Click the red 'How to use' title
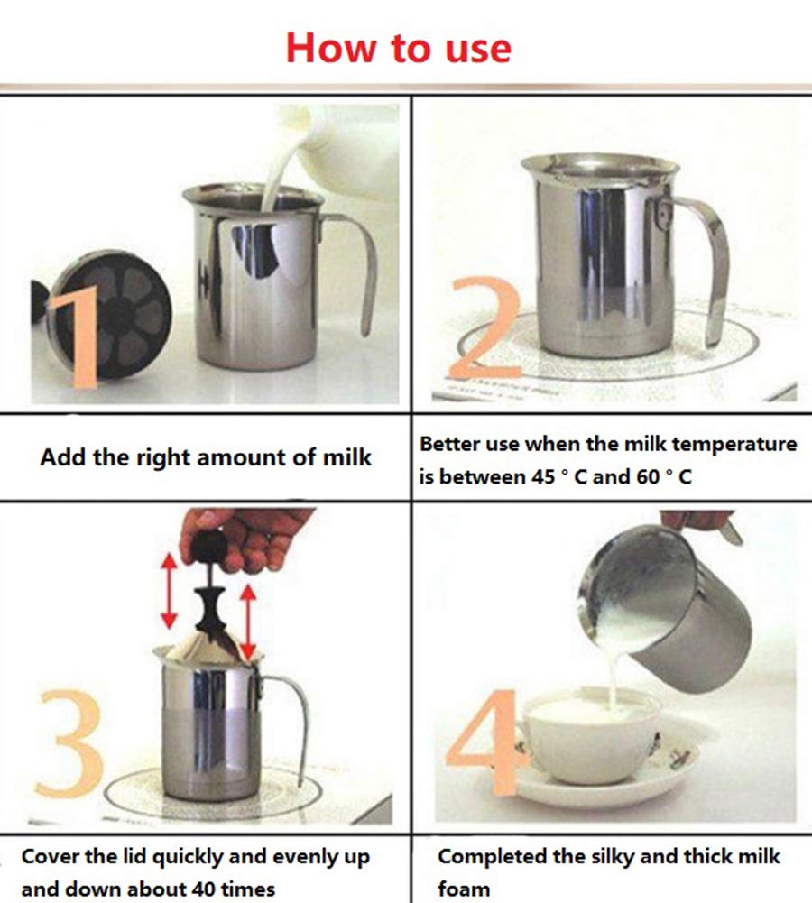(x=398, y=47)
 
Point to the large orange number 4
(x=483, y=740)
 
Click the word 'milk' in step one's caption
(x=346, y=457)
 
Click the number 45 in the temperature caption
(x=541, y=477)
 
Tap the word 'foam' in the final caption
(x=464, y=889)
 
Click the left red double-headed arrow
(x=169, y=593)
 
